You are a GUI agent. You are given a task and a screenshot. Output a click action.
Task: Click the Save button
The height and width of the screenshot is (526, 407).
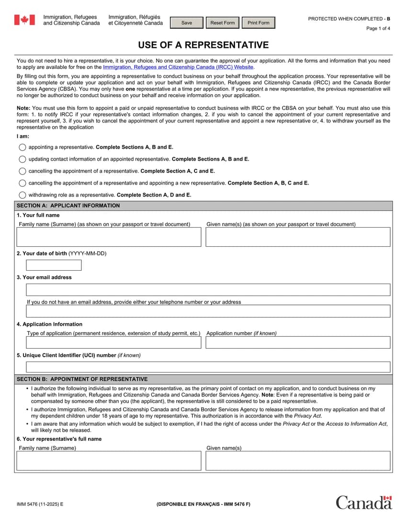pos(187,23)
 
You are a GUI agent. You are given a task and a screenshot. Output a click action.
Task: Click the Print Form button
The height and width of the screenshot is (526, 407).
pos(259,23)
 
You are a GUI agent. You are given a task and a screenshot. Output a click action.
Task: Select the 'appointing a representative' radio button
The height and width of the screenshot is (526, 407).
pos(23,147)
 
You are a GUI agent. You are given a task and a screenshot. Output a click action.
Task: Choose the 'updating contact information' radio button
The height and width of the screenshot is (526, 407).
pos(23,159)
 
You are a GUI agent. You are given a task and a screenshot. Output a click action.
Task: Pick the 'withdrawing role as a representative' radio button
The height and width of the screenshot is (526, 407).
pos(23,195)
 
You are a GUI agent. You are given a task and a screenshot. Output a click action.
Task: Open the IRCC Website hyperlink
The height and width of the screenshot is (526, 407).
pos(178,67)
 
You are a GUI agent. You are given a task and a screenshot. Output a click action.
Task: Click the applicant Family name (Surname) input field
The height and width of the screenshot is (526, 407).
pos(109,237)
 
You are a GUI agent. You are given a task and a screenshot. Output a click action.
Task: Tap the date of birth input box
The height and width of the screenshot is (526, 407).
pos(54,265)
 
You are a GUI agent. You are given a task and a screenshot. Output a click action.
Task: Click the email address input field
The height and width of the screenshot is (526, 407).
pos(208,290)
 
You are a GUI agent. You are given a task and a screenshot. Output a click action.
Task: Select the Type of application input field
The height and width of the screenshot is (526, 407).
pos(113,342)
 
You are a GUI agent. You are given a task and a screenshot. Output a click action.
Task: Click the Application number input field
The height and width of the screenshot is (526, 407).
pos(298,342)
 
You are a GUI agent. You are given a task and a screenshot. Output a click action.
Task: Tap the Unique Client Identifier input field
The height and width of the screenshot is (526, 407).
pos(208,367)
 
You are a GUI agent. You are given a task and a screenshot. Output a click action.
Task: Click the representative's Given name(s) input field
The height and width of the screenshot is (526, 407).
pos(298,461)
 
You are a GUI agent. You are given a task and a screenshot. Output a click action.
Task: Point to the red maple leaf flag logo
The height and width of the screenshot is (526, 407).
pos(24,20)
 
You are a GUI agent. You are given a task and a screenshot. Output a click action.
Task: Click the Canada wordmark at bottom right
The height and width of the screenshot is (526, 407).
pos(364,503)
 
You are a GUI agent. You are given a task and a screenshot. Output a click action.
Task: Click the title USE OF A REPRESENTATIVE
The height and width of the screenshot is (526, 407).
pos(203,45)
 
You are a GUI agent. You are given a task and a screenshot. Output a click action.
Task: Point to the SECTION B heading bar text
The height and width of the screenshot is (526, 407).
pos(82,379)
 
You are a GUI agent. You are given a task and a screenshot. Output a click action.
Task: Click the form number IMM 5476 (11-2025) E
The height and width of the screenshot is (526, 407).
pos(40,504)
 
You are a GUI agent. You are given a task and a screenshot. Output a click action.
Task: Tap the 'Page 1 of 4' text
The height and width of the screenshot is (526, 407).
pos(378,29)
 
